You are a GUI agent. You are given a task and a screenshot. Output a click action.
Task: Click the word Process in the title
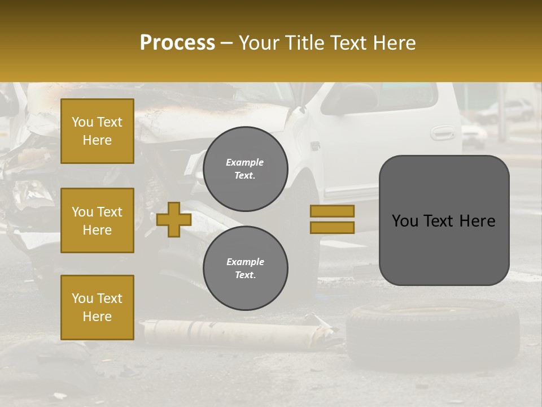click(x=177, y=43)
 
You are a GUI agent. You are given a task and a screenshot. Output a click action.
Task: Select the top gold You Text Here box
click(x=97, y=131)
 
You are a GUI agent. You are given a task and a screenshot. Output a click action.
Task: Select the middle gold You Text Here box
click(x=97, y=220)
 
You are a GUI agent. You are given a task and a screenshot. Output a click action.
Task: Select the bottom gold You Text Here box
click(x=97, y=308)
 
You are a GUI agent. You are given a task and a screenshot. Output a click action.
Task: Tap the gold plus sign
click(x=174, y=219)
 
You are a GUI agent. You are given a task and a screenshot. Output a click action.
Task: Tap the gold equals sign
click(x=332, y=219)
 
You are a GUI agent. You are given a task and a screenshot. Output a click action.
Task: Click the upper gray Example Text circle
click(x=246, y=169)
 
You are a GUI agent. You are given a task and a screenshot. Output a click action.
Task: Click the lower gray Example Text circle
click(x=246, y=269)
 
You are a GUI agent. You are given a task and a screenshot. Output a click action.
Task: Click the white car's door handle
click(x=442, y=133)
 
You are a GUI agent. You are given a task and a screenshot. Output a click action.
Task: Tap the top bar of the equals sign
click(x=332, y=211)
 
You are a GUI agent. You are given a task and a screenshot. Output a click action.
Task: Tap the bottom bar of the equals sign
click(x=332, y=227)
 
